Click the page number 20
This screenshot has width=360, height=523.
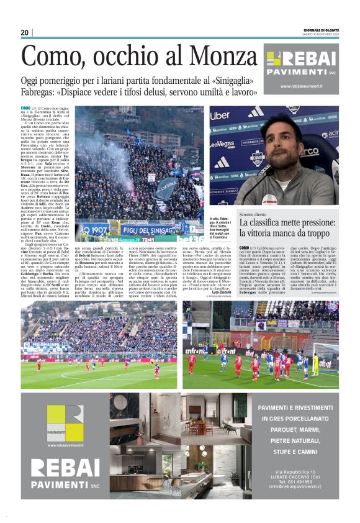pyautogui.click(x=24, y=33)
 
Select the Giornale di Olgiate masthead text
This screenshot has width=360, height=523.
pyautogui.click(x=321, y=31)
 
